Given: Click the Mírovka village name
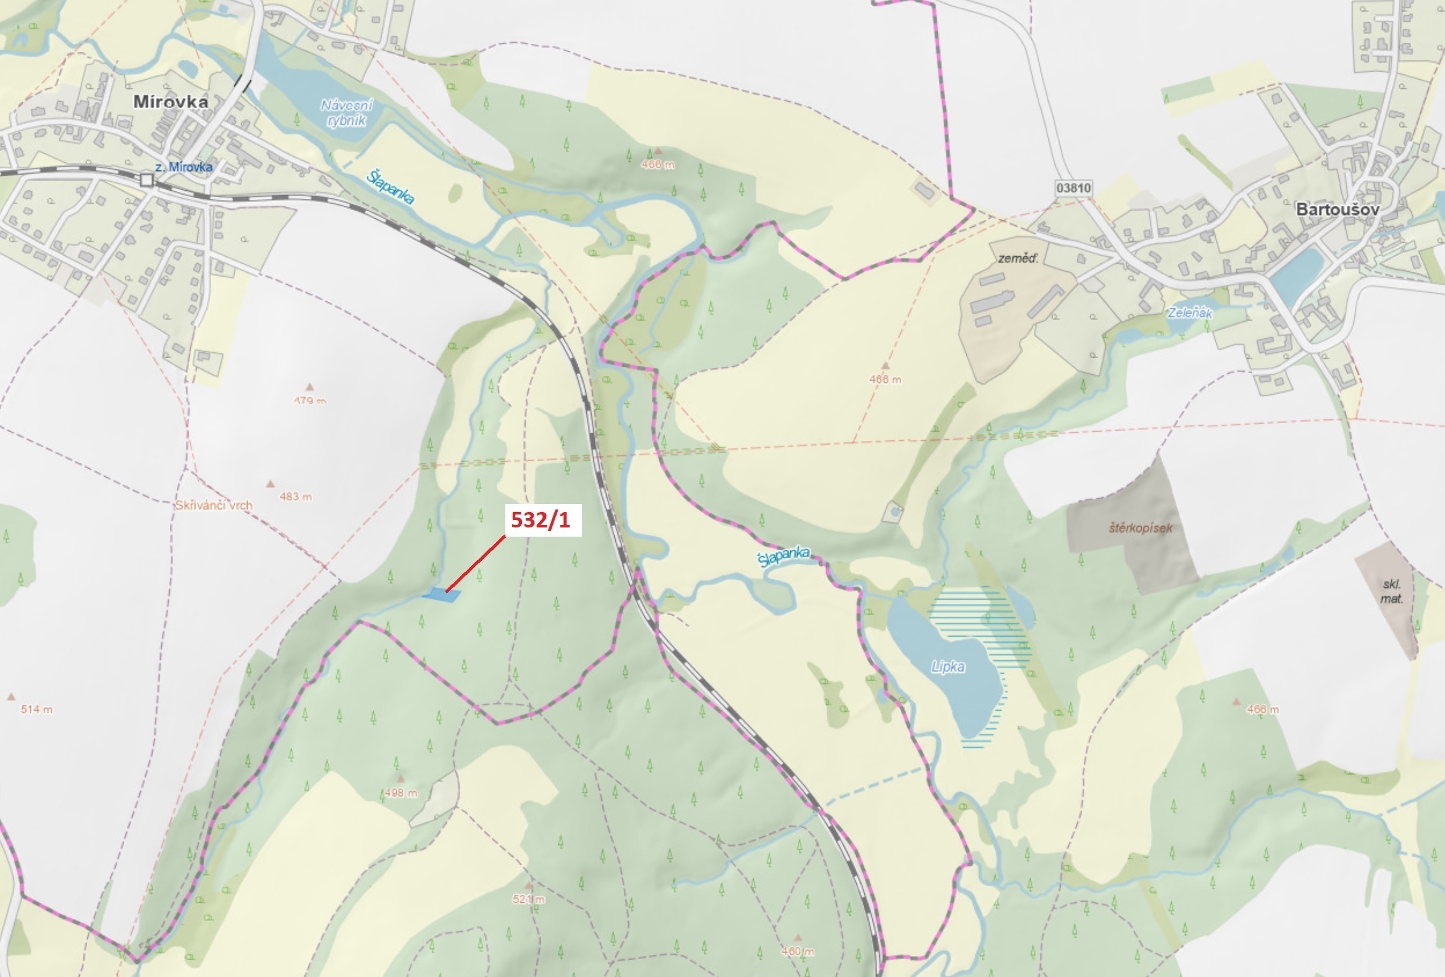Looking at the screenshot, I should [x=171, y=102].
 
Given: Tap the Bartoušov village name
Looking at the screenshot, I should [x=1338, y=209].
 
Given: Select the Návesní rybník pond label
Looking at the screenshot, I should [x=347, y=113].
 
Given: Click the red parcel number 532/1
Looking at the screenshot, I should [x=541, y=519].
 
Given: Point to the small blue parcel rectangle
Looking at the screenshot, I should [x=441, y=595].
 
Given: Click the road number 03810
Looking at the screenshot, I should [x=1073, y=187].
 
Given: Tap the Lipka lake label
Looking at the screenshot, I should [x=948, y=667].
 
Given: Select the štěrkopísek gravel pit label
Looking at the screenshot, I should [x=1140, y=527].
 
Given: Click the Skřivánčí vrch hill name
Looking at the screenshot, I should [x=213, y=505].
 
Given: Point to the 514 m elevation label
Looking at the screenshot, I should [x=36, y=709].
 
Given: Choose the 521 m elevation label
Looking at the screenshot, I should [x=528, y=899].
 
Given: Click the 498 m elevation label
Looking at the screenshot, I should [x=400, y=793].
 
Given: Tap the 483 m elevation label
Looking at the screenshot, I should [x=295, y=497].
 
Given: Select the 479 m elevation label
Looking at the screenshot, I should [x=310, y=401].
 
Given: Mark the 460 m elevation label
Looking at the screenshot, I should [x=798, y=952].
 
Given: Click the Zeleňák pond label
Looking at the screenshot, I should [x=1189, y=312].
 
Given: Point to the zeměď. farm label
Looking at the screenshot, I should [x=1018, y=259].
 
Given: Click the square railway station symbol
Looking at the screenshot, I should [x=147, y=180].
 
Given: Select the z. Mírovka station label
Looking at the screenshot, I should [x=183, y=167].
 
